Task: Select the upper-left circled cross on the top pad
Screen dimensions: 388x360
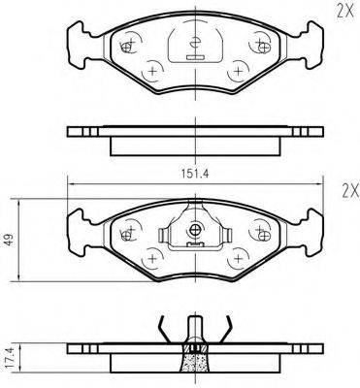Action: [x=128, y=44]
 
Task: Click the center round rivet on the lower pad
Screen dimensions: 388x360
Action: [x=195, y=230]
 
